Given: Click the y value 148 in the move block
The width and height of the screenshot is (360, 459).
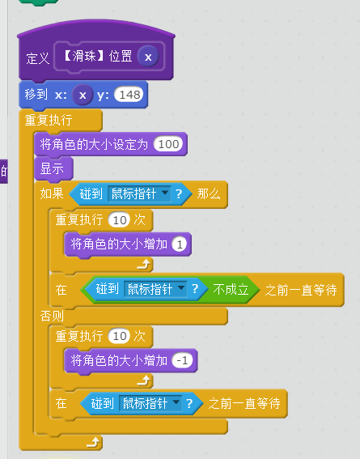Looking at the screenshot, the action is coord(129,95).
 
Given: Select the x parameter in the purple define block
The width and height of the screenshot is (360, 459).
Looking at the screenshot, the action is coord(148,57).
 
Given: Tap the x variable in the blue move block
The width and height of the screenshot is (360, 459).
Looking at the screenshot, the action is coord(83,95).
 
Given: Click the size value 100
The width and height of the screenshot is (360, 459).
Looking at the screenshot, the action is coord(168,144).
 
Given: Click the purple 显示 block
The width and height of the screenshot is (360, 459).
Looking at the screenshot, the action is coord(53,169).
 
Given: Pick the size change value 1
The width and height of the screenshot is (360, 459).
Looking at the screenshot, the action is coord(180,244).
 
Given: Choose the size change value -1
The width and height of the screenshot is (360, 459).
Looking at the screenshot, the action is coord(182,360).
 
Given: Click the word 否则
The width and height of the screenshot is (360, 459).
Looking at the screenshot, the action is coord(52,317).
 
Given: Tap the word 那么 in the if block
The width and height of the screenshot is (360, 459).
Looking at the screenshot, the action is coord(208,193).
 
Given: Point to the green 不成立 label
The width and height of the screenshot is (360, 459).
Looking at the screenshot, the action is coord(231,290).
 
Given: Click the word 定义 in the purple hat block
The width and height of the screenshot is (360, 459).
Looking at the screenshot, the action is coord(37,58).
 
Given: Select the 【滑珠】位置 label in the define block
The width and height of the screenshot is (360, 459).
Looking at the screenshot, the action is coord(98,56).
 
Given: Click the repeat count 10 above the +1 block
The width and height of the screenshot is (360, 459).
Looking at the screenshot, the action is coord(119,220).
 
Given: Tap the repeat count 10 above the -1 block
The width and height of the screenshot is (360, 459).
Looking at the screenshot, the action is coord(119,336).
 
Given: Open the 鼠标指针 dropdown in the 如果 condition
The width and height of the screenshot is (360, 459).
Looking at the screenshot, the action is coord(139,193).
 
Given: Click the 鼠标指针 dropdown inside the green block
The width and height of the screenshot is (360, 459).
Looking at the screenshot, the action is coord(155,289).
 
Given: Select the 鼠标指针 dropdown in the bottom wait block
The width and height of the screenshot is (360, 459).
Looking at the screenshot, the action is coord(150,403).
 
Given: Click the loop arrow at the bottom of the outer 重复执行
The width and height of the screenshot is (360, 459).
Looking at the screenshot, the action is coord(94,442).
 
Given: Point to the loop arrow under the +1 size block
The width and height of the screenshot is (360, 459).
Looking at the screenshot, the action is coord(144,264).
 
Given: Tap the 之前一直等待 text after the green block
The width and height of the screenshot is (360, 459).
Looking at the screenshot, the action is coord(301,290).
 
